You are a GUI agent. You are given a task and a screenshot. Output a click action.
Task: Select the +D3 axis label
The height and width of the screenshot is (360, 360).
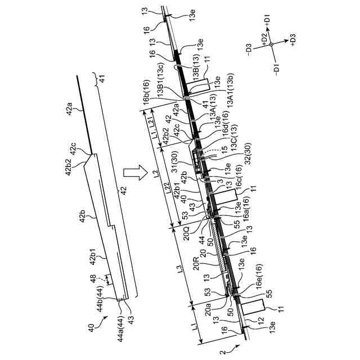click(x=292, y=40)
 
